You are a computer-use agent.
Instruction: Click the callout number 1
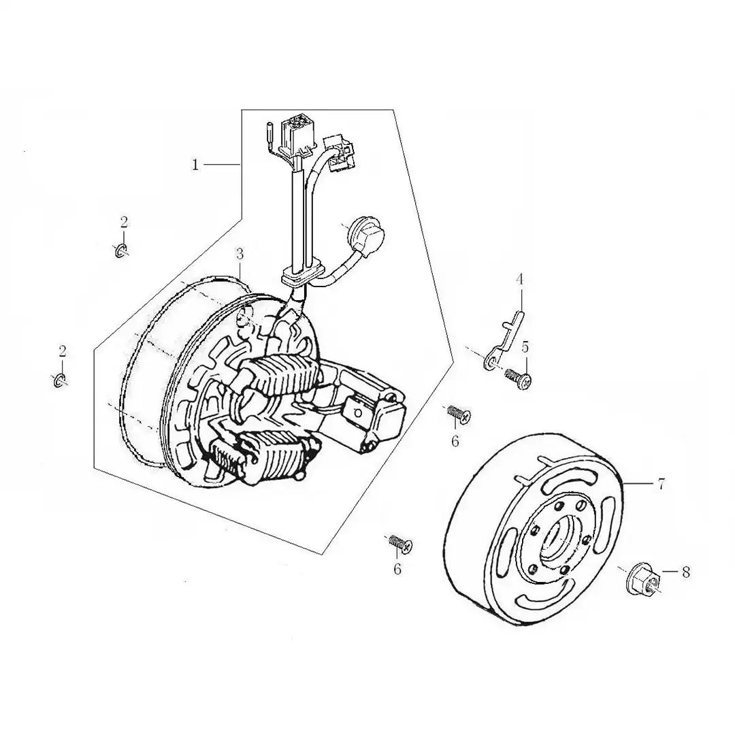click(195, 165)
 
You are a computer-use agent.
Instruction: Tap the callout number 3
click(240, 254)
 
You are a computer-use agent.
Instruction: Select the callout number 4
click(519, 280)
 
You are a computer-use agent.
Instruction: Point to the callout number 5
click(525, 347)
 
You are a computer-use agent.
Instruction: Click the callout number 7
click(661, 484)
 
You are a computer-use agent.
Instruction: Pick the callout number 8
click(686, 572)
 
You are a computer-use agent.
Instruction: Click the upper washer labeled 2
click(120, 250)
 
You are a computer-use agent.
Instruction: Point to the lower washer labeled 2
click(59, 380)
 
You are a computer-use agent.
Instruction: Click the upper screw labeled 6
click(457, 414)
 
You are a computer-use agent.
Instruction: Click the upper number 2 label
click(124, 222)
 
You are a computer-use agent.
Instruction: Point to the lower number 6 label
click(397, 569)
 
